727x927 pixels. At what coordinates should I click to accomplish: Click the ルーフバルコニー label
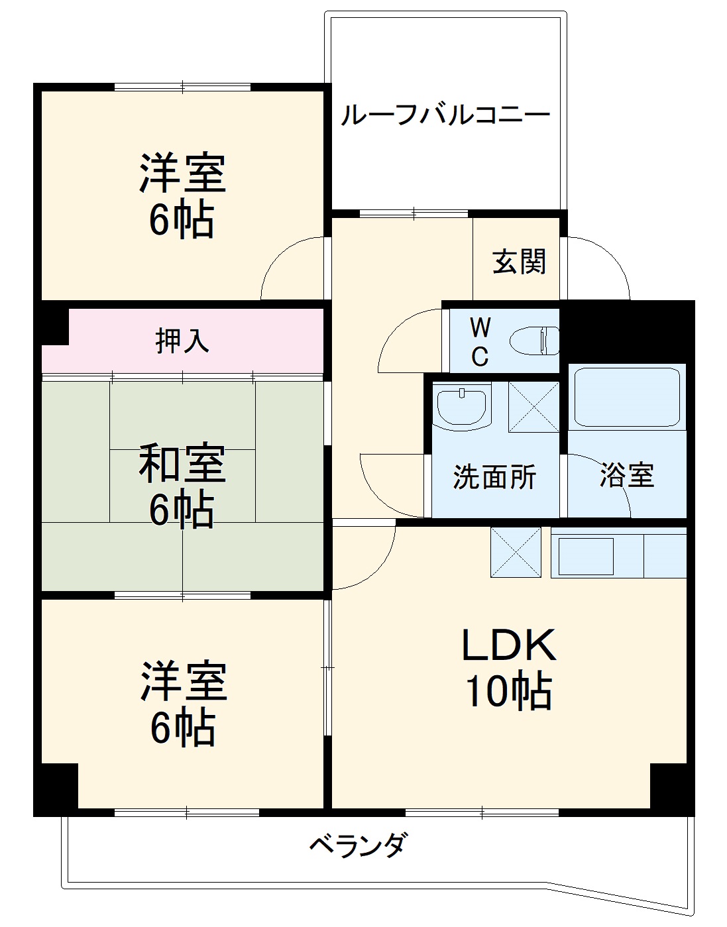[445, 116]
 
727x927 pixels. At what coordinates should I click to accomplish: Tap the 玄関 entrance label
[519, 262]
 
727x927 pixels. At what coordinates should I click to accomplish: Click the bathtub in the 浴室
[627, 396]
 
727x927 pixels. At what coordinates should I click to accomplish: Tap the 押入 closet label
[182, 341]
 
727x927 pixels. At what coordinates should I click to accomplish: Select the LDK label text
[508, 645]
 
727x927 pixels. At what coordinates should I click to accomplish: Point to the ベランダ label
[358, 845]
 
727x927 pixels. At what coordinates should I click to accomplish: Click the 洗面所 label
[494, 477]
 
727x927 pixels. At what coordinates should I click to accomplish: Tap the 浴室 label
[626, 475]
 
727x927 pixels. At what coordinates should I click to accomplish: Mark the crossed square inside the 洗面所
[533, 407]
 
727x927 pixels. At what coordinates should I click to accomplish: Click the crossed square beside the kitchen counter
[516, 551]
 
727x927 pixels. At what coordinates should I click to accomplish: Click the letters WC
[480, 342]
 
